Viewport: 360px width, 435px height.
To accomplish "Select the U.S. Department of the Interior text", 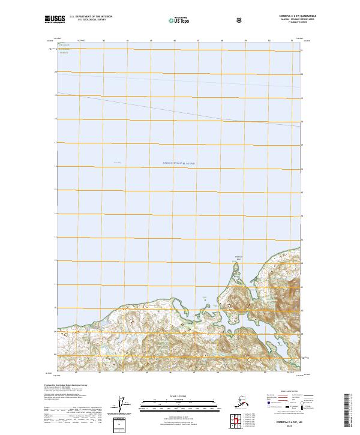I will [x=91, y=17].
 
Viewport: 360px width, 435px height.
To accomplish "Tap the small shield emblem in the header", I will [x=240, y=19].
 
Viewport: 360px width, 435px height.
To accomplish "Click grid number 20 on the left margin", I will [x=55, y=72].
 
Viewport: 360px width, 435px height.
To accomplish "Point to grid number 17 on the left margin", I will [x=55, y=143].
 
